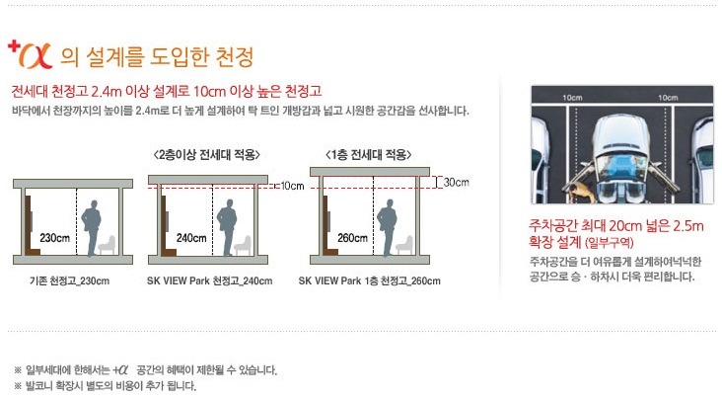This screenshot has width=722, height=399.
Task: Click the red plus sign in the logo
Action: click(14, 46)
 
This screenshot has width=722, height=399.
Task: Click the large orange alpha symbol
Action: click(36, 56)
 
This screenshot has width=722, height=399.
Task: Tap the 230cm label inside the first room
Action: click(54, 238)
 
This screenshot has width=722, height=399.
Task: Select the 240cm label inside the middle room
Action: click(191, 238)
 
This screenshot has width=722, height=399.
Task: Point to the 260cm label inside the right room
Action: click(352, 238)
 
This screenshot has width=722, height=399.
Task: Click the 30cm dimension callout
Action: click(456, 182)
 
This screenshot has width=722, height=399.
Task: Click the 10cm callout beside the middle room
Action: click(292, 186)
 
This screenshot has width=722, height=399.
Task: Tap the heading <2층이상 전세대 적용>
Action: click(207, 154)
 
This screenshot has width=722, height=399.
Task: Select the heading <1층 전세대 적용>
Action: click(368, 154)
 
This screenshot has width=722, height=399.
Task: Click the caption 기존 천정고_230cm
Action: click(69, 280)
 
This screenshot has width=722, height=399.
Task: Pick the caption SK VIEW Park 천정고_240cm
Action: click(209, 280)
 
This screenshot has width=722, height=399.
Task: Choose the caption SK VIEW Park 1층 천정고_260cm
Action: click(369, 280)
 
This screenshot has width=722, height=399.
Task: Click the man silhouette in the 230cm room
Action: click(91, 228)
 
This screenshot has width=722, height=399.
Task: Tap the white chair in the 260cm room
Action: click(404, 245)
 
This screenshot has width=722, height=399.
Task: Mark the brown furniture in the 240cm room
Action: click(167, 225)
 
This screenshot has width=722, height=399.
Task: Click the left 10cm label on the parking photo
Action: click(572, 98)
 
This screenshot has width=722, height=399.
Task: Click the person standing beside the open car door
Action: click(580, 192)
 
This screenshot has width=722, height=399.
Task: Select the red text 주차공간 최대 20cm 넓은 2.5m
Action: click(616, 226)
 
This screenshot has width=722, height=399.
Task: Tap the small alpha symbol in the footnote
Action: click(120, 370)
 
